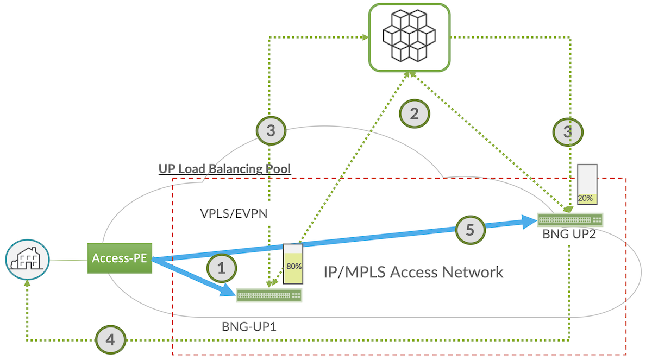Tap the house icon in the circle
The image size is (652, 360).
pos(27,260)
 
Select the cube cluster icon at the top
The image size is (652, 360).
pos(409,37)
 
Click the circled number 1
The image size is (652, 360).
pos(221,268)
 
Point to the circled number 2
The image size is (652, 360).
pos(415,113)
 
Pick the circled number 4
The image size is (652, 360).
pos(110,340)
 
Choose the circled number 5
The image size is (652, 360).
pos(470,230)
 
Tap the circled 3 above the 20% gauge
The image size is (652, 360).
pos(568,131)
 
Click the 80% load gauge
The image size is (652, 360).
pos(293,263)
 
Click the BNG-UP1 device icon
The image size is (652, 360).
pos(269,295)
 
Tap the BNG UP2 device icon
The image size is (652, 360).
pos(570,220)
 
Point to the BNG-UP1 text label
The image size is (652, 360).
pos(246,327)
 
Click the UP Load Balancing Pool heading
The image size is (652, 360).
pos(224,169)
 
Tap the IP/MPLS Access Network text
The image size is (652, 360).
pos(413,271)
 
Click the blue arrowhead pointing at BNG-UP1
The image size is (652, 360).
pos(228,291)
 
